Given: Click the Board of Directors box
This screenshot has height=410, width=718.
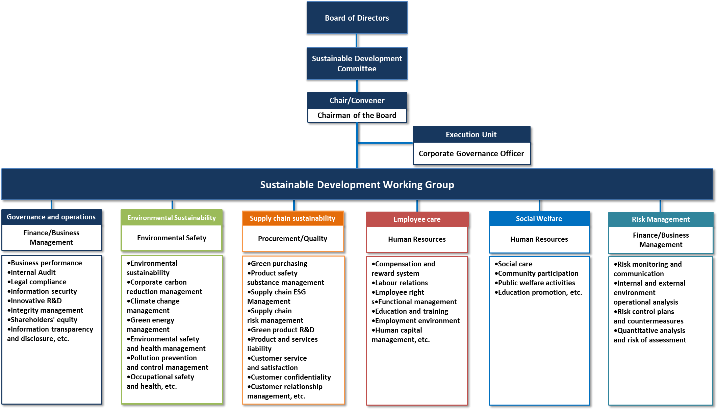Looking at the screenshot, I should tap(357, 18).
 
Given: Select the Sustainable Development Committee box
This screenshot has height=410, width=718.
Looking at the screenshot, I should tap(357, 64).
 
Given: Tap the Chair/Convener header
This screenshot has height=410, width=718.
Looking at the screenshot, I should tap(357, 100).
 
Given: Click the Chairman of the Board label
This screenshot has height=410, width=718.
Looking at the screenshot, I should tap(357, 115).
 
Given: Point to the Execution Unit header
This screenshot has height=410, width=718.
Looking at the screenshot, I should tap(471, 135).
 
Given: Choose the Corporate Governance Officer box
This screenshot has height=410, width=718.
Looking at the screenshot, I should tap(471, 153).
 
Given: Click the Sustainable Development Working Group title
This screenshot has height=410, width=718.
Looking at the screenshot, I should tap(357, 185).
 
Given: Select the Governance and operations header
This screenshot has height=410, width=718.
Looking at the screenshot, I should tap(51, 217).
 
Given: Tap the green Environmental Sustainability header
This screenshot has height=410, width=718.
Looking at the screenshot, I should tap(172, 218).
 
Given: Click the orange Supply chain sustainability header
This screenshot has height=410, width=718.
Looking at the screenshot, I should tap(292, 218).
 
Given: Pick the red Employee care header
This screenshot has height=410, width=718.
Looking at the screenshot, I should tap(417, 219).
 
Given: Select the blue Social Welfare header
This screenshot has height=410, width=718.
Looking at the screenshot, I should tap(539, 219).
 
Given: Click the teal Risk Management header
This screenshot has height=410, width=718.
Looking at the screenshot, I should tap(661, 219).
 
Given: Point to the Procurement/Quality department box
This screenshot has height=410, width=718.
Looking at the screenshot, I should tap(292, 239).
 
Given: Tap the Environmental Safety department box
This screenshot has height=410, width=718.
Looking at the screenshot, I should tap(172, 238).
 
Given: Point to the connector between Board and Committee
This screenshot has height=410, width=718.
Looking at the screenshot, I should tap(357, 40).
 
